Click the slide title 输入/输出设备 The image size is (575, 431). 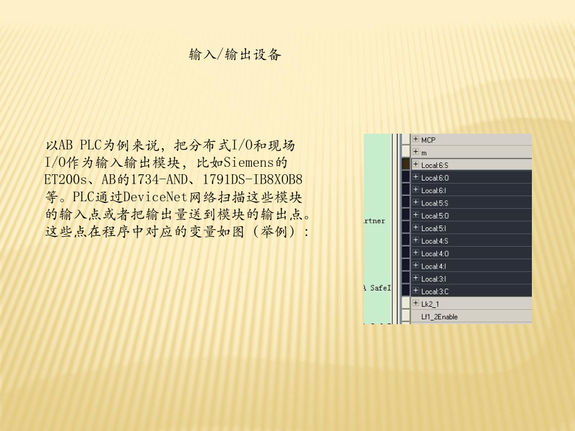(236, 55)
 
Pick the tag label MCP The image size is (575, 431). (428, 140)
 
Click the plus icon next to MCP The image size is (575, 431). (416, 139)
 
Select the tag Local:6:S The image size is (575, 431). (434, 166)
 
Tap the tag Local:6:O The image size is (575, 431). (434, 178)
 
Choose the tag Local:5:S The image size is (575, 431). (434, 203)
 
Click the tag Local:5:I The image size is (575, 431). (434, 228)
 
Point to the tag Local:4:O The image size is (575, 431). (434, 254)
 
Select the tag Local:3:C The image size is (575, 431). (434, 291)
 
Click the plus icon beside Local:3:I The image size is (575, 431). (416, 278)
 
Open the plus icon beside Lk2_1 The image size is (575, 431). (416, 303)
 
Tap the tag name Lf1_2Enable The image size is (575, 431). (439, 317)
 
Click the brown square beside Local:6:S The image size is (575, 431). (406, 164)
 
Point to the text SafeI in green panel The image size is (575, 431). (379, 287)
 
